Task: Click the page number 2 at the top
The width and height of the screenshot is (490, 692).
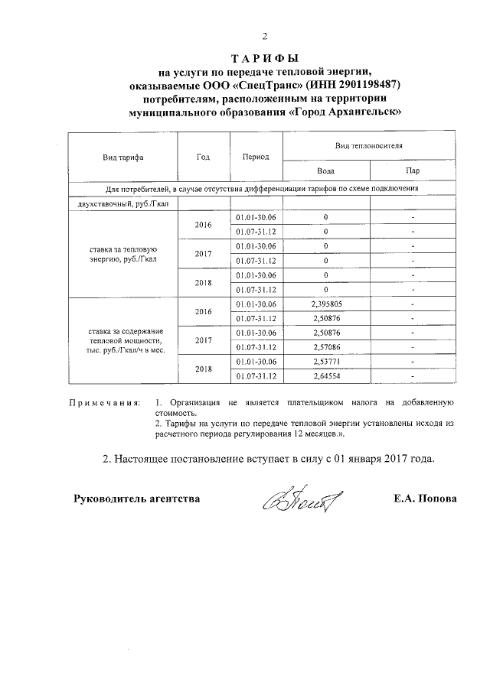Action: [x=265, y=36]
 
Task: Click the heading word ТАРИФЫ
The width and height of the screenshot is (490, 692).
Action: [x=264, y=59]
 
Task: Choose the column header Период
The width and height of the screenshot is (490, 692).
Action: [x=256, y=157]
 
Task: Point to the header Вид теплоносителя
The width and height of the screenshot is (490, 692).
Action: [x=369, y=145]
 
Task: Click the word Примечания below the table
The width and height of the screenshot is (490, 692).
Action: [x=105, y=401]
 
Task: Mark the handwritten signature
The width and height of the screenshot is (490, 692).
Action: [x=302, y=500]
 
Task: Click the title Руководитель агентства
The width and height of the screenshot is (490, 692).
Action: [x=136, y=499]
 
